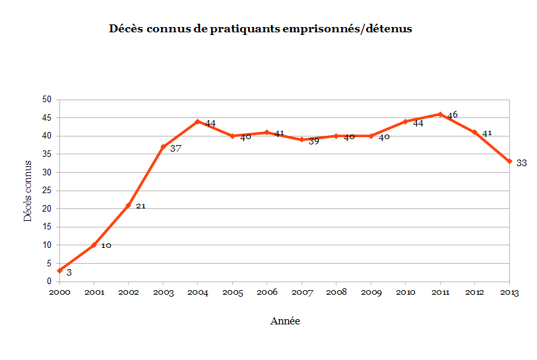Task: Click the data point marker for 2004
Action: coord(197,121)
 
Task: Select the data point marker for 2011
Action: coord(440,114)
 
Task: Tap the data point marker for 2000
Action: coord(59,270)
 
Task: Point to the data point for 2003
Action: coord(163,147)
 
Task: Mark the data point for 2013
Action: coord(509,162)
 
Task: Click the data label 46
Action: coord(453,115)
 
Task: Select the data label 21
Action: coord(141,206)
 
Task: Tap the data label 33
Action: coord(521,163)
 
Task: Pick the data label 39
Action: coord(314,141)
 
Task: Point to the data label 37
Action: coord(175,148)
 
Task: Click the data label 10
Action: coord(106,246)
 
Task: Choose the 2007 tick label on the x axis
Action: coord(301,293)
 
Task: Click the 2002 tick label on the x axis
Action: coord(129,293)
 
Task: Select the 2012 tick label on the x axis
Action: coord(475,293)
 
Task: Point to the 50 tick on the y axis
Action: coord(47,100)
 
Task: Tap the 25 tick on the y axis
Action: coord(47,191)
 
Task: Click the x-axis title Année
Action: coord(285,321)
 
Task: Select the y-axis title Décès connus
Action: coord(28,190)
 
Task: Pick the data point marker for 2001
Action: coord(94,245)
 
